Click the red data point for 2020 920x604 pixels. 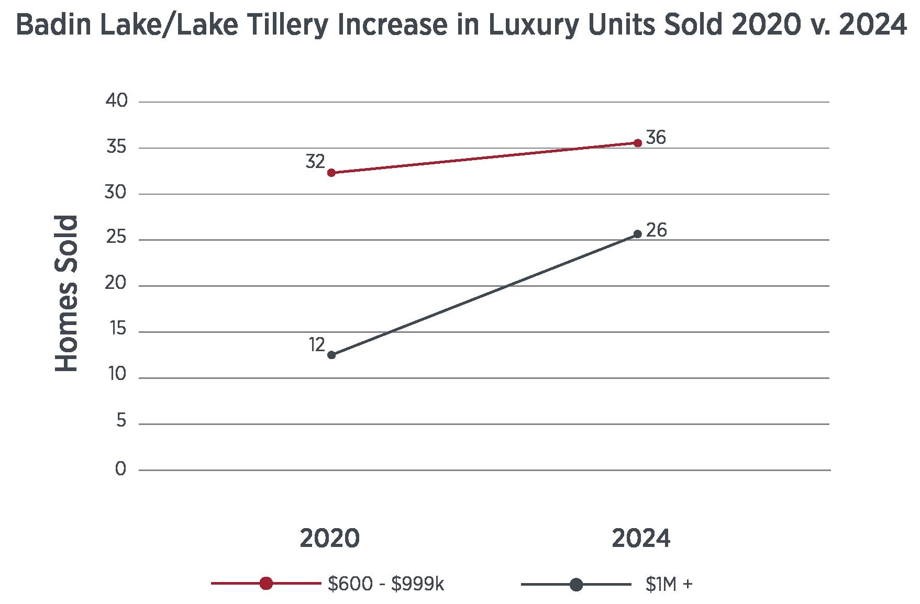point(331,173)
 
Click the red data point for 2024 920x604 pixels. point(637,143)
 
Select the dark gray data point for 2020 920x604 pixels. point(331,355)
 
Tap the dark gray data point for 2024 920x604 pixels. point(637,234)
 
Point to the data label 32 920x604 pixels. point(315,162)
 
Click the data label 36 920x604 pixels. point(656,138)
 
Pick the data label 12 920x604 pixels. point(317,344)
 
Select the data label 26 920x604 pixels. point(656,230)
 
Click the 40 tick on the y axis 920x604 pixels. point(116,101)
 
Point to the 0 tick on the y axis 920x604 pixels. point(120,469)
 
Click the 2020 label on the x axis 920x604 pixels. point(330,539)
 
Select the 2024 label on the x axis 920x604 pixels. point(640,539)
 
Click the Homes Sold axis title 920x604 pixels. point(67,294)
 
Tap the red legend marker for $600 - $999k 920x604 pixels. point(266,584)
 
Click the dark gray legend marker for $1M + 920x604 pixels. point(576,584)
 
